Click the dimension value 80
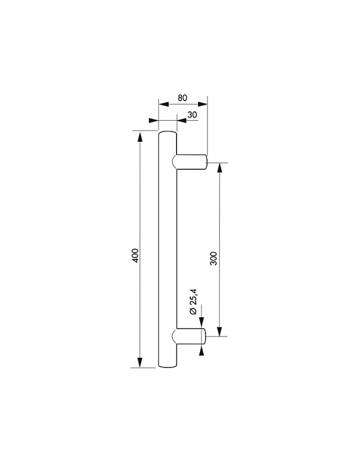(182, 98)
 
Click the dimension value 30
(192, 115)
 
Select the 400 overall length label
(135, 255)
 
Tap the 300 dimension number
(214, 258)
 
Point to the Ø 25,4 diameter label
(193, 302)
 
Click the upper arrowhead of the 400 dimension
(140, 137)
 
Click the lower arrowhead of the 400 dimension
(140, 362)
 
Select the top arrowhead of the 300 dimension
(219, 168)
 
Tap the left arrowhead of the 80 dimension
(164, 104)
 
